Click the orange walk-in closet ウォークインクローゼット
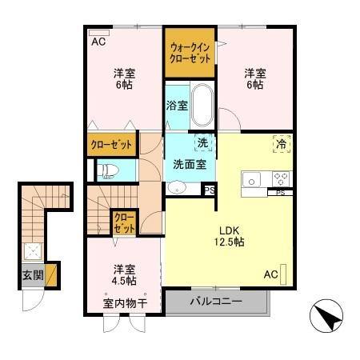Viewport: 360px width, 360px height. point(190,53)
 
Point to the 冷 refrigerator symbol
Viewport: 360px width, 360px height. point(281,144)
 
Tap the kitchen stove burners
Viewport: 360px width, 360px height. point(281,178)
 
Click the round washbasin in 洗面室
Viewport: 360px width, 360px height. point(176,189)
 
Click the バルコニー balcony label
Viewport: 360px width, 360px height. point(214,302)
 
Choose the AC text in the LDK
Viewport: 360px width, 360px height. point(270,274)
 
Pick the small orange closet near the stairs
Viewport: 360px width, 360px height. point(124,222)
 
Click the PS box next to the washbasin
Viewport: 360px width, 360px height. point(209,190)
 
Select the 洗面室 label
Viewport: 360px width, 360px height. point(190,164)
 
